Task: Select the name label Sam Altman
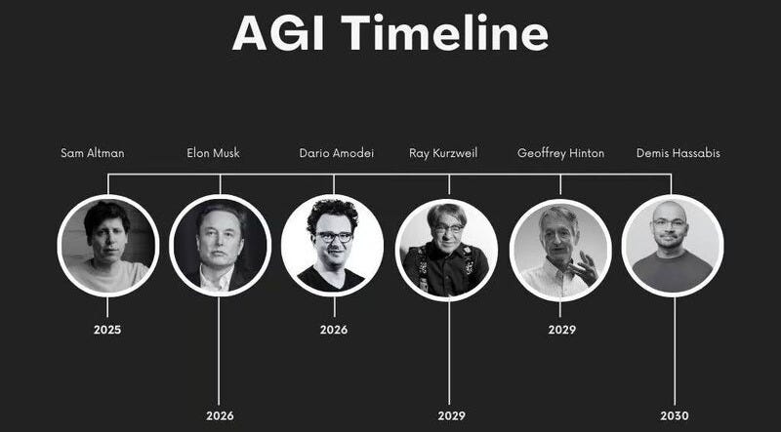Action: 92,153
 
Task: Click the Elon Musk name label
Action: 213,153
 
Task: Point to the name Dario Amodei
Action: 335,153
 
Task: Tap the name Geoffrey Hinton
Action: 560,153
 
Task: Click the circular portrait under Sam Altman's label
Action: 107,245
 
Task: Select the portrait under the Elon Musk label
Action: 220,245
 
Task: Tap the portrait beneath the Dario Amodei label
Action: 332,245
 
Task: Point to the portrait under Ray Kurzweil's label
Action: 446,249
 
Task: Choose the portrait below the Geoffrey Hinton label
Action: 560,249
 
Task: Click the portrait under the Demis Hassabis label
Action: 673,245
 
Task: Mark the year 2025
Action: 107,330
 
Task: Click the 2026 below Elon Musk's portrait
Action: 220,415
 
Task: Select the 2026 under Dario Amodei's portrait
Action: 333,330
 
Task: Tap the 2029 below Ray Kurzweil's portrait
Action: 451,415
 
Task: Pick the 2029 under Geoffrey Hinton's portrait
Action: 561,330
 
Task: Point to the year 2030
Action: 674,415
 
